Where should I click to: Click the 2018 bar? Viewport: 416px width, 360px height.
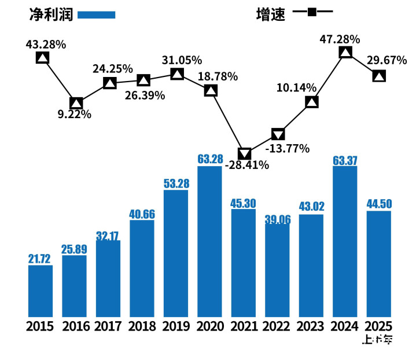click(x=142, y=269)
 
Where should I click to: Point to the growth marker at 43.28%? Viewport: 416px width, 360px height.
click(x=42, y=57)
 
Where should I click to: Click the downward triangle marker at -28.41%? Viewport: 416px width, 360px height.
click(x=245, y=154)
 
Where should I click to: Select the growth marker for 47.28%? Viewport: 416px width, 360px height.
click(x=345, y=53)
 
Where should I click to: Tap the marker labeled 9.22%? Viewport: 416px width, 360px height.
click(x=76, y=104)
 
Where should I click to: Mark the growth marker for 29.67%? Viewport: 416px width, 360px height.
click(x=379, y=76)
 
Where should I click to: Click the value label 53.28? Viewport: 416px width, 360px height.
click(x=176, y=183)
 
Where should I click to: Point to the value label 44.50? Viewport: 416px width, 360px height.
click(x=379, y=204)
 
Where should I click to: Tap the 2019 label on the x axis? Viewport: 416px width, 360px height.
click(x=176, y=326)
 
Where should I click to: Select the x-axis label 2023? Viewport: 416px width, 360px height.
click(x=311, y=326)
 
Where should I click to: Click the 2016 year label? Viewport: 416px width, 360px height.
click(x=76, y=326)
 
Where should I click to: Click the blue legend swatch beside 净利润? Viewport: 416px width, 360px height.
click(x=96, y=15)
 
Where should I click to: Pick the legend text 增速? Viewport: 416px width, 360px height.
click(x=271, y=14)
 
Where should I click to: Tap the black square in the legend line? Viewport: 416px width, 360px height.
click(x=313, y=12)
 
